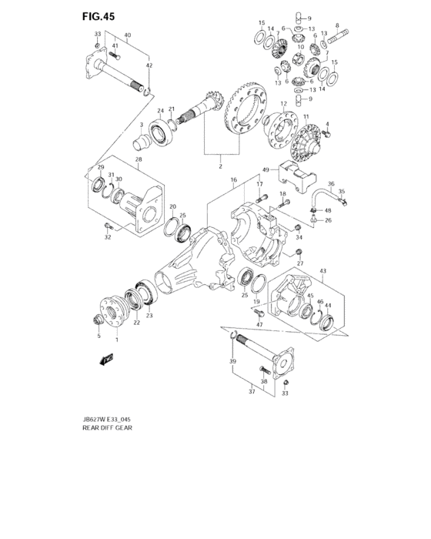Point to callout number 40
[x=128, y=35]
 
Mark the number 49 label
[x=265, y=169]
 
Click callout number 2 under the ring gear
[x=220, y=166]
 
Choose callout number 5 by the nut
[x=98, y=336]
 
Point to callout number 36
[x=332, y=183]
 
